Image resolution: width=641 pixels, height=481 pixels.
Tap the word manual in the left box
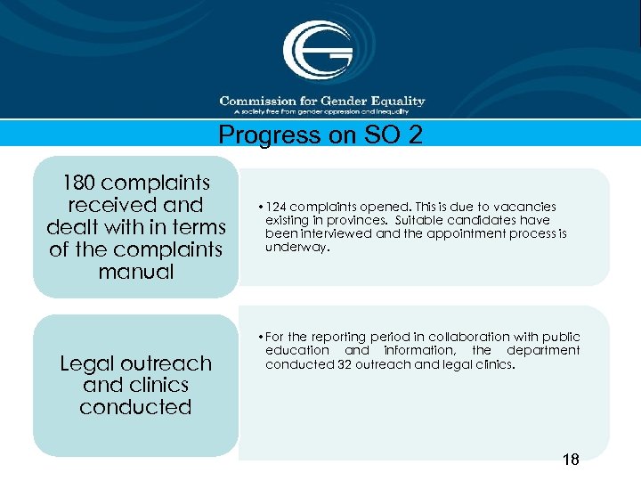[x=136, y=272]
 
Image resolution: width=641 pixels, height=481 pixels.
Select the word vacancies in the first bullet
[x=524, y=207]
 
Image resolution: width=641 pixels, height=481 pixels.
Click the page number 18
[x=570, y=460]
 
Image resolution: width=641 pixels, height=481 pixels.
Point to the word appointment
[x=468, y=233]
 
